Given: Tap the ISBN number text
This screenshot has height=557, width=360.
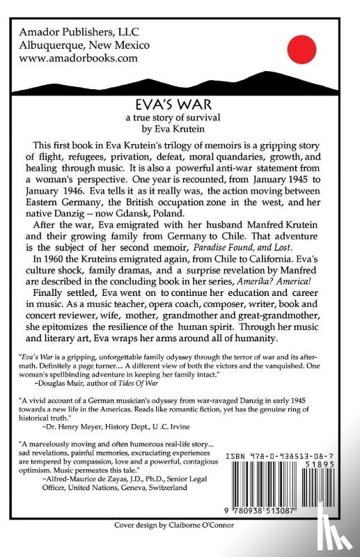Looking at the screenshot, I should click(285, 452).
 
